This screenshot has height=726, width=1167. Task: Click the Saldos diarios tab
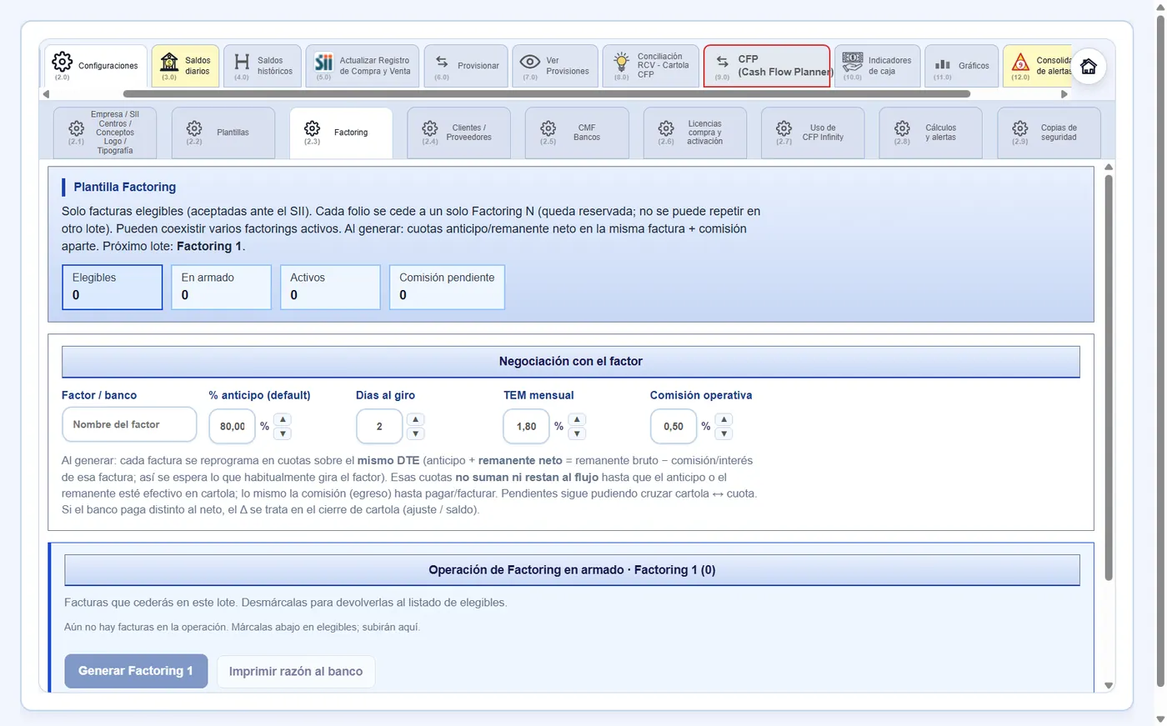pyautogui.click(x=185, y=66)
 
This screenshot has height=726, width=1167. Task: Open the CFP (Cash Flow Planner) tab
pyautogui.click(x=766, y=66)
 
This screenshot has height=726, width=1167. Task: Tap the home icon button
pyautogui.click(x=1088, y=66)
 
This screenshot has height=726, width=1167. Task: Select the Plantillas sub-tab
pyautogui.click(x=223, y=133)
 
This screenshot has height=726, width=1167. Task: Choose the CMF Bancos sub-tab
pyautogui.click(x=577, y=133)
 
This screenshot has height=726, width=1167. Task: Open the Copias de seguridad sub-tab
pyautogui.click(x=1049, y=133)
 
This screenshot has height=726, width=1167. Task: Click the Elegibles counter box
pyautogui.click(x=112, y=287)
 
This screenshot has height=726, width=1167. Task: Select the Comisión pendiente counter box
pyautogui.click(x=447, y=287)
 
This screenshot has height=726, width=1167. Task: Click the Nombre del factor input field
pyautogui.click(x=129, y=424)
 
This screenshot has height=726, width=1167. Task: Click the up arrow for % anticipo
pyautogui.click(x=283, y=419)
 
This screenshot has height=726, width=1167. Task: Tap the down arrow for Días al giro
pyautogui.click(x=415, y=433)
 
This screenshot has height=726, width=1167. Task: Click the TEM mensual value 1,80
pyautogui.click(x=526, y=427)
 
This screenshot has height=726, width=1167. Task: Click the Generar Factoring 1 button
pyautogui.click(x=136, y=671)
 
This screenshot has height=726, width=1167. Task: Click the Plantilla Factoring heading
pyautogui.click(x=125, y=187)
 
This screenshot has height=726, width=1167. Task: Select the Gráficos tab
pyautogui.click(x=962, y=66)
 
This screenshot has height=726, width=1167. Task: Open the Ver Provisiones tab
pyautogui.click(x=555, y=66)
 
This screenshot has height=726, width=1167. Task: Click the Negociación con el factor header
pyautogui.click(x=570, y=362)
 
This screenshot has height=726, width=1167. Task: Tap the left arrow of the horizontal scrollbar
pyautogui.click(x=47, y=94)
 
